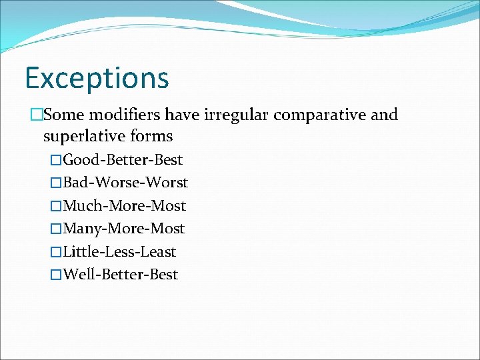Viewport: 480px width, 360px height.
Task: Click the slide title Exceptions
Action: coord(97,78)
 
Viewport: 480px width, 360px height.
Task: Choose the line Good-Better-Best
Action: coord(123,160)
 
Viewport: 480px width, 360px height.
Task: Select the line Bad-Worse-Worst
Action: coord(125,183)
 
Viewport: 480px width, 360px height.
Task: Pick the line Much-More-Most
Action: coord(124,206)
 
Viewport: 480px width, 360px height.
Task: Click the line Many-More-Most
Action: coord(123,229)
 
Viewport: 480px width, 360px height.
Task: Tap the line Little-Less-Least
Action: coord(119,252)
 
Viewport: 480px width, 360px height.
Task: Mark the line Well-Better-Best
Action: coord(120,275)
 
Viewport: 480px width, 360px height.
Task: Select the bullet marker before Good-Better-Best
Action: coord(56,160)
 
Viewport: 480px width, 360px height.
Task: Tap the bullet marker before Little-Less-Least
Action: coord(56,252)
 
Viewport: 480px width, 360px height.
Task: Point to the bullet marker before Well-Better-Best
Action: coord(56,275)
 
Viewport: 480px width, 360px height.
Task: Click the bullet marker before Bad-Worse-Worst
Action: coord(56,183)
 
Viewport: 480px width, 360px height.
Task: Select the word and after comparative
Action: coord(384,115)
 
